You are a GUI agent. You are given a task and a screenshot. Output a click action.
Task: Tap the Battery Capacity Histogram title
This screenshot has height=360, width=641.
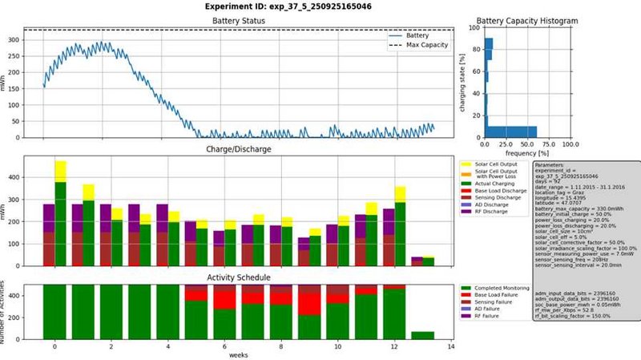527,21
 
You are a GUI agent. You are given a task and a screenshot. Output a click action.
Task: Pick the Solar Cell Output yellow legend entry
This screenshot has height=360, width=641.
498,164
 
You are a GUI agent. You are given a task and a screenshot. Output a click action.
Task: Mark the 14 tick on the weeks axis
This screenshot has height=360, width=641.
450,347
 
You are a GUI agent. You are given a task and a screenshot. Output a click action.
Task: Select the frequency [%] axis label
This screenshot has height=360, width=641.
527,152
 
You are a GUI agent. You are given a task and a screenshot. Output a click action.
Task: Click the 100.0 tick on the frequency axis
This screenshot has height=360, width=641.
570,145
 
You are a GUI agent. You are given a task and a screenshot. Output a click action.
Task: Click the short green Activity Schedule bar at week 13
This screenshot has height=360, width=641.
422,335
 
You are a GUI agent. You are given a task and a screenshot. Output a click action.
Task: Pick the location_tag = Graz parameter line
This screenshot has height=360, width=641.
566,195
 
